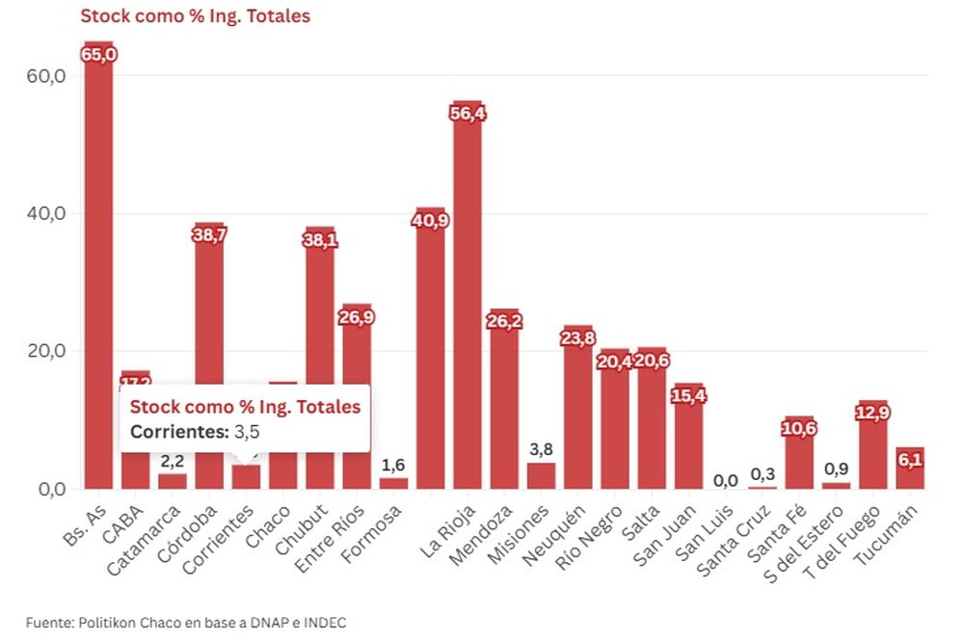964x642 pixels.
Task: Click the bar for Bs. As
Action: click(98, 270)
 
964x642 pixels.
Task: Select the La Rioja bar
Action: click(468, 299)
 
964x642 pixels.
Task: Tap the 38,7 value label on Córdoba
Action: click(209, 235)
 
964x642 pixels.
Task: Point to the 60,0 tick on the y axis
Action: click(46, 75)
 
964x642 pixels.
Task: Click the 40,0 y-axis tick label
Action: click(46, 213)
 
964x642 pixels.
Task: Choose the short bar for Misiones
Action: click(542, 476)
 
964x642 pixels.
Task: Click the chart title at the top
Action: click(195, 16)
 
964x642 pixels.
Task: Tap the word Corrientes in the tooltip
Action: click(179, 432)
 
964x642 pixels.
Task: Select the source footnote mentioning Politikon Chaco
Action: click(186, 623)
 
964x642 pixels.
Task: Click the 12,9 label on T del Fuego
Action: click(872, 413)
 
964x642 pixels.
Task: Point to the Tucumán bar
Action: click(910, 469)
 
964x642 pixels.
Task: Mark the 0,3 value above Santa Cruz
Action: click(763, 474)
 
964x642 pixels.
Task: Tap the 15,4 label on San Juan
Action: click(689, 396)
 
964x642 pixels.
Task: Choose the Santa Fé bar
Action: click(799, 454)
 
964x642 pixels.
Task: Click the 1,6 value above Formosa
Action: click(393, 466)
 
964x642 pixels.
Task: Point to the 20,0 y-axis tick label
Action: click(46, 351)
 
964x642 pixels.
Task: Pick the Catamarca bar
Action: click(173, 481)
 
